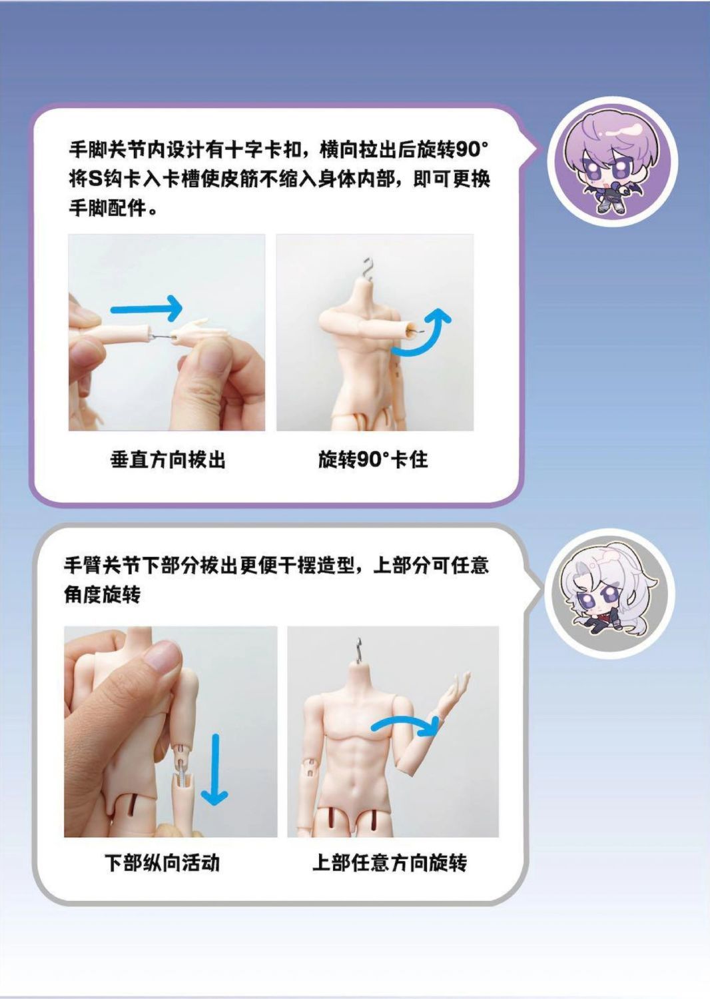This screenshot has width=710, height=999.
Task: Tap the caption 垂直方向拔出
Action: tap(168, 460)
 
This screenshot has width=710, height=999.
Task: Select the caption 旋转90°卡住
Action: tap(373, 460)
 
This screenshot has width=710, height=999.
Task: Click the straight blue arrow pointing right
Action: tap(146, 308)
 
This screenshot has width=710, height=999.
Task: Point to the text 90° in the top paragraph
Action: tap(472, 151)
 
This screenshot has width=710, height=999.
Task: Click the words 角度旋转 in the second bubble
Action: tap(102, 594)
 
